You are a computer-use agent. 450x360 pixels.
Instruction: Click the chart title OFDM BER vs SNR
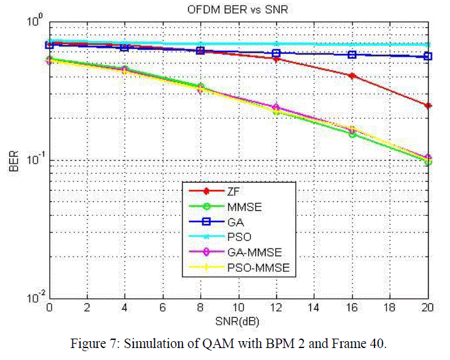pyautogui.click(x=239, y=10)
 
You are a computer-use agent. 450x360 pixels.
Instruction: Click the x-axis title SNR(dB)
pyautogui.click(x=239, y=321)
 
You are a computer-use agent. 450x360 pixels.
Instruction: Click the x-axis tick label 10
pyautogui.click(x=239, y=308)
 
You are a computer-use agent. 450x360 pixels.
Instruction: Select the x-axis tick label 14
pyautogui.click(x=314, y=308)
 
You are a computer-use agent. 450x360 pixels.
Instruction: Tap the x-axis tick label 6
pyautogui.click(x=163, y=308)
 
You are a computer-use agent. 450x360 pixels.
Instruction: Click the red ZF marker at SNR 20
pyautogui.click(x=428, y=106)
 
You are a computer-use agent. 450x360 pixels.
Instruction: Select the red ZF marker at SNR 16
pyautogui.click(x=352, y=76)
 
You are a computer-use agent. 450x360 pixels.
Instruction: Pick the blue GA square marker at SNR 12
pyautogui.click(x=276, y=53)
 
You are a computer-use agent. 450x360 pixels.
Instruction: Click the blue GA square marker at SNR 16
pyautogui.click(x=352, y=55)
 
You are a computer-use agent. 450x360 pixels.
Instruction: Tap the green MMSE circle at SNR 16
pyautogui.click(x=352, y=134)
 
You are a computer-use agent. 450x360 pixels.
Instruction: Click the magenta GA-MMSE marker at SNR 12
pyautogui.click(x=276, y=108)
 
